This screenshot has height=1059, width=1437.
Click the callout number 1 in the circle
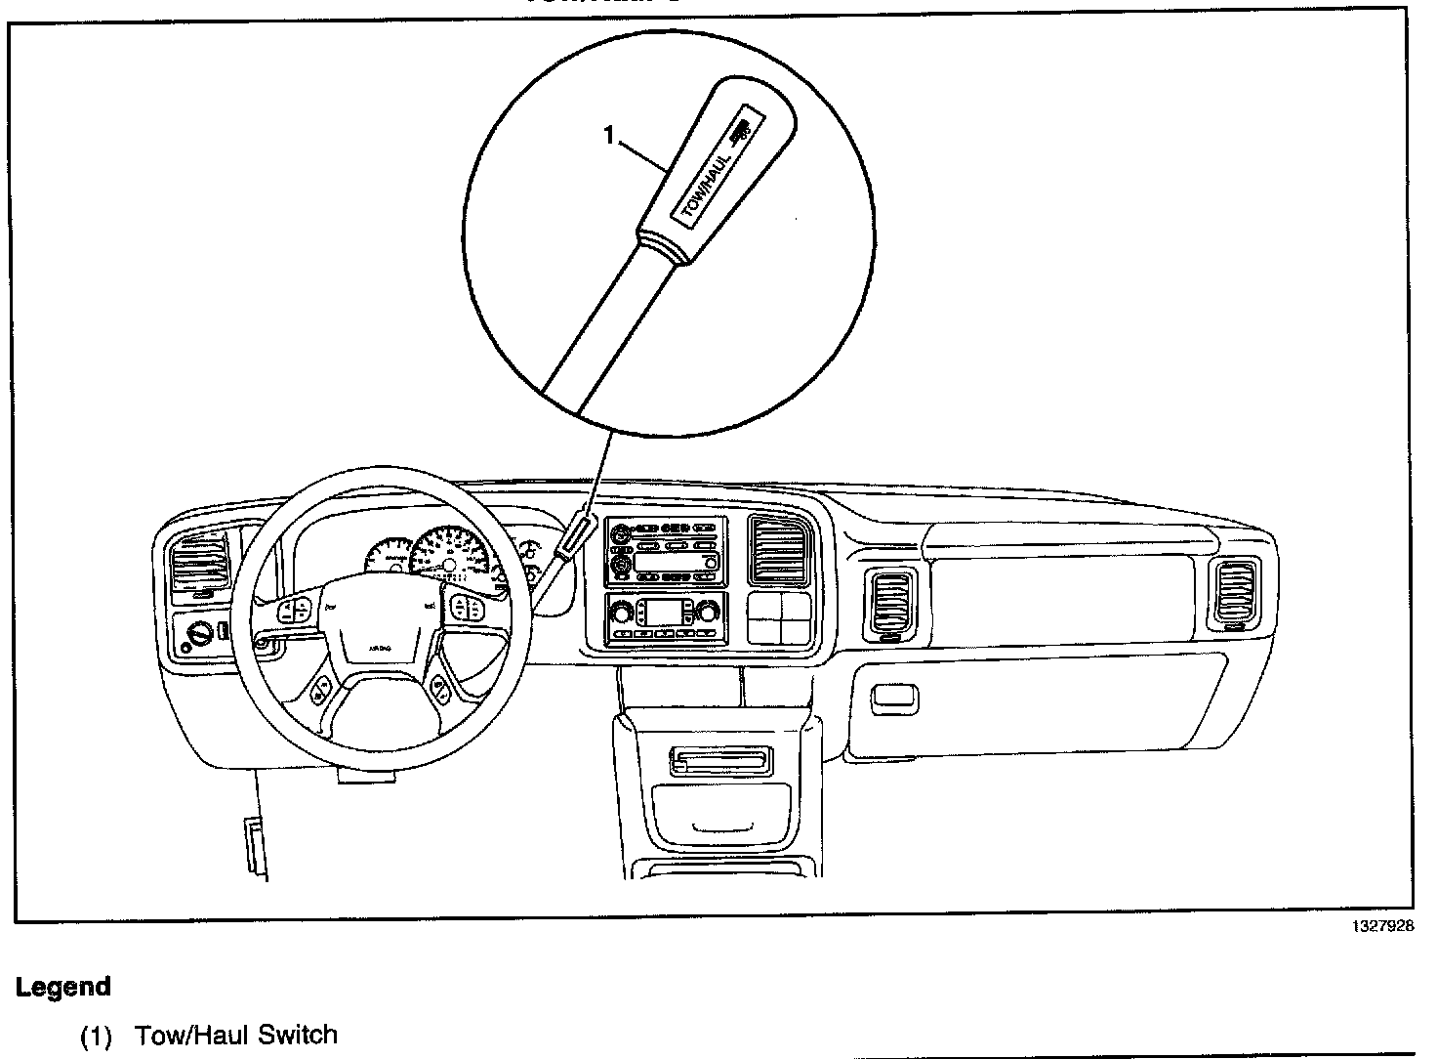[609, 136]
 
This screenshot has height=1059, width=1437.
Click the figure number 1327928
[1381, 927]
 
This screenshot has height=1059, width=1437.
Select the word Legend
[63, 987]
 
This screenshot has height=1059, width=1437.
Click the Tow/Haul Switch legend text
[236, 1035]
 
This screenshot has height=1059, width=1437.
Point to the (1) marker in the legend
[97, 1036]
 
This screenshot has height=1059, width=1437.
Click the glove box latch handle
[894, 697]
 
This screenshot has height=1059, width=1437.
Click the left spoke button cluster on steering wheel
[295, 612]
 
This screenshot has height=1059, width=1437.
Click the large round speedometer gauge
[448, 557]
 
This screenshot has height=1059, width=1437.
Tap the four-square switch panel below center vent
[779, 617]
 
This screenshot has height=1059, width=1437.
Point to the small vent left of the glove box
[890, 604]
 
